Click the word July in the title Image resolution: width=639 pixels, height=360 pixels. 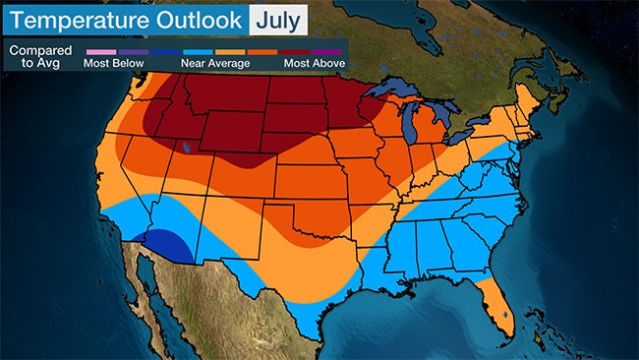tap(278, 19)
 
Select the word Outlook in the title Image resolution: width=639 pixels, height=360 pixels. tap(201, 19)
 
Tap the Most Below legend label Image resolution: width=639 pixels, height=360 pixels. tap(114, 63)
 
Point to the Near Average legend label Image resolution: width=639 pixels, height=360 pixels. tap(214, 63)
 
